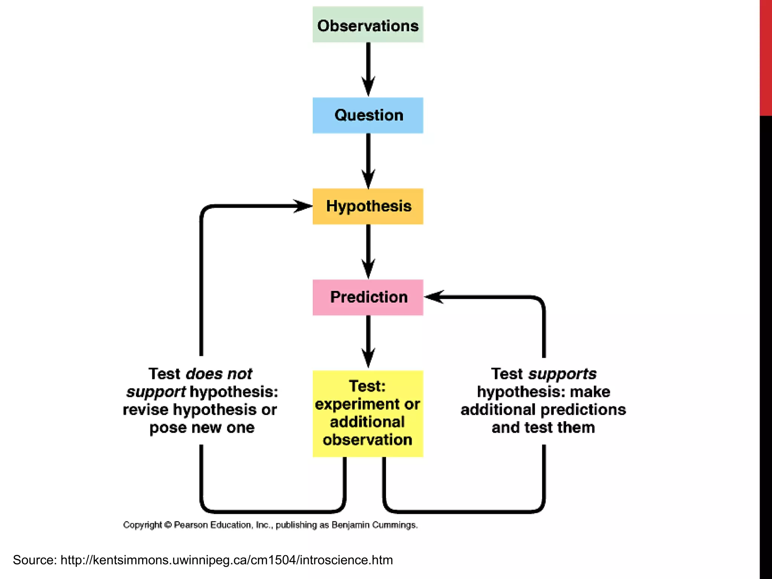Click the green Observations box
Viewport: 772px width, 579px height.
368,25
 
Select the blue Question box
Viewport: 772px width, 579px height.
368,115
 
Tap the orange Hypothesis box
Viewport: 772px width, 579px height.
368,206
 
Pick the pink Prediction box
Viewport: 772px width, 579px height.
368,297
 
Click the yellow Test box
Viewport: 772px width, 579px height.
368,414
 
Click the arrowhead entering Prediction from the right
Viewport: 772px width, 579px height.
433,297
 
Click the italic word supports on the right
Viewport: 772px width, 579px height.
562,374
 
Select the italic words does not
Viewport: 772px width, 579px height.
219,374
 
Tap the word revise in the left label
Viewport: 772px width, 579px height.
146,410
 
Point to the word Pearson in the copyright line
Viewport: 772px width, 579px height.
191,525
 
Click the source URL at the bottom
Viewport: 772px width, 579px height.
226,560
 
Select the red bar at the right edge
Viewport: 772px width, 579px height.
766,57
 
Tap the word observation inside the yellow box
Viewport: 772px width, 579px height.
368,440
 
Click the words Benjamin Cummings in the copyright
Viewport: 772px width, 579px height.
374,525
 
